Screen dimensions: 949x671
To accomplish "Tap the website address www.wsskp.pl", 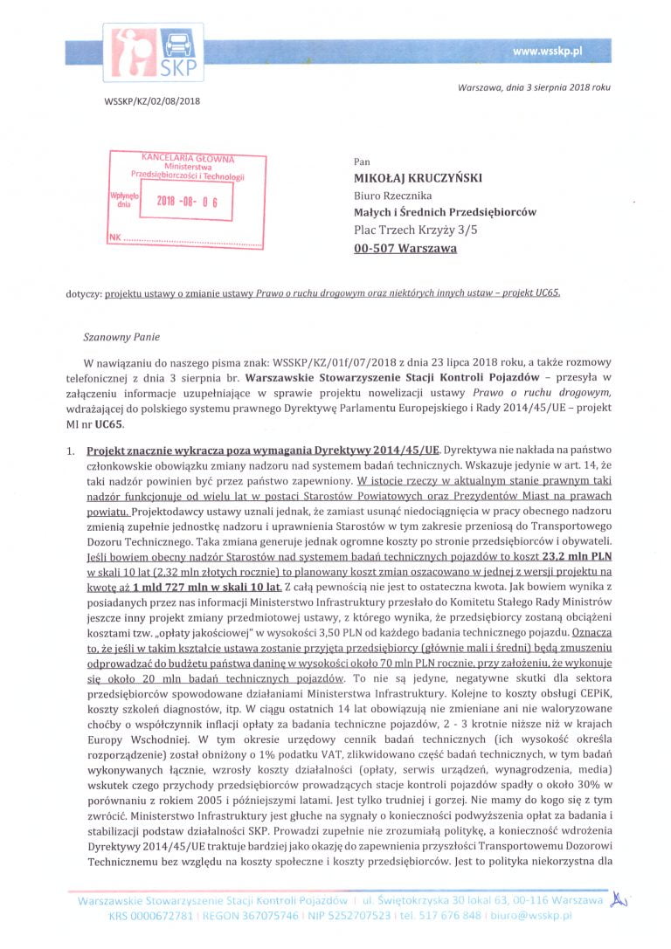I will tap(547, 52).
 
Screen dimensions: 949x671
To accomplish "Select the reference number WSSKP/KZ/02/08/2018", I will tap(153, 102).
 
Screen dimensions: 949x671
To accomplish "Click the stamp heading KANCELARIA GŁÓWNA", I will tap(187, 158).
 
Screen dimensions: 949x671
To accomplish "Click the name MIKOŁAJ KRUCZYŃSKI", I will tap(419, 178).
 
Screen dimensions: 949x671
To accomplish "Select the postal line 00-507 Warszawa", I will tap(405, 248).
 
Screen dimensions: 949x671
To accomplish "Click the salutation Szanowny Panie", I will tap(121, 335).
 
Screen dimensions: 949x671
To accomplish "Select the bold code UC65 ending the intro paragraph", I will tap(111, 425).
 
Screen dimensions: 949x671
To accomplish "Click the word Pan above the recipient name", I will tap(362, 162).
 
